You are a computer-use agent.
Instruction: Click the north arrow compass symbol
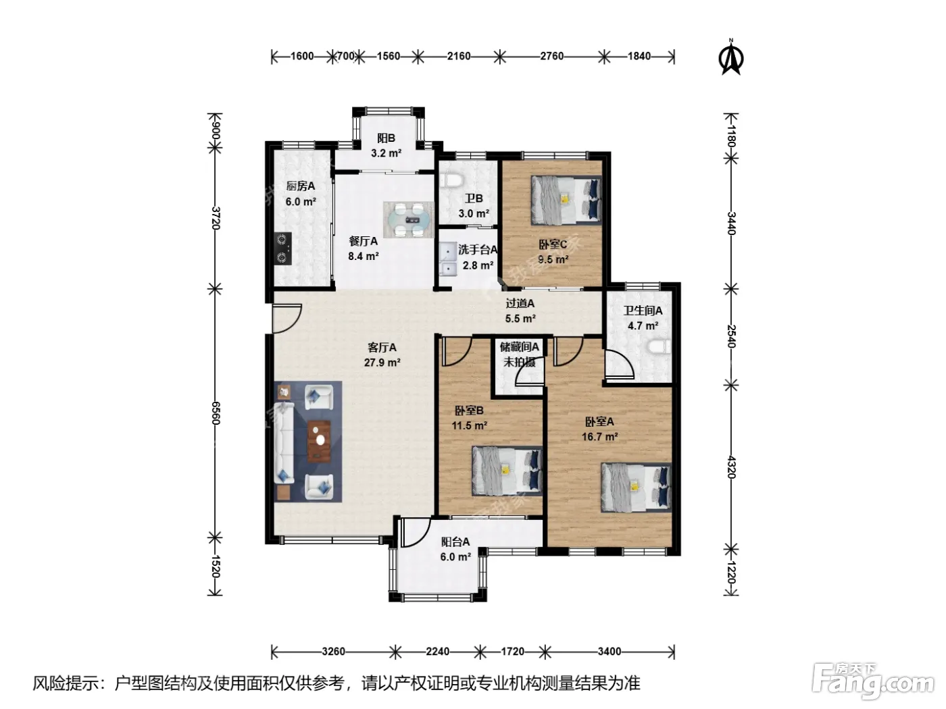tap(731, 57)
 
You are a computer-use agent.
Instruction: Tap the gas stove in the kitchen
tap(283, 248)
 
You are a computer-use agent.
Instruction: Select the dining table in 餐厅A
tap(408, 220)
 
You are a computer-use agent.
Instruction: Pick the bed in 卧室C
tap(566, 200)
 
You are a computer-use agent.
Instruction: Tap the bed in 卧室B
tap(507, 471)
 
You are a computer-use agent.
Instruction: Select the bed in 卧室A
tap(636, 488)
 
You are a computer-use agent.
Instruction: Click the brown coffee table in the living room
tap(319, 441)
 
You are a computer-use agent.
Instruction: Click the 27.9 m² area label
tap(382, 363)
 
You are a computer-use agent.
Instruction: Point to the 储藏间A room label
tap(520, 346)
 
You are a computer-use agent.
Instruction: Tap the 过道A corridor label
tap(520, 303)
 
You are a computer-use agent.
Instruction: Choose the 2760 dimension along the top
tap(552, 57)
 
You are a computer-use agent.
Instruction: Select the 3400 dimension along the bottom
tap(609, 652)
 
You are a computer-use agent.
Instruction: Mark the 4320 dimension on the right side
tap(731, 467)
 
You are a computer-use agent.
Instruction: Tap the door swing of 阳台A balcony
tap(416, 532)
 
